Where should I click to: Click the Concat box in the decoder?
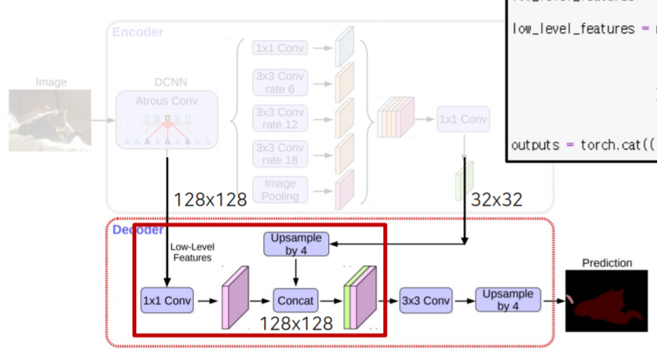pyautogui.click(x=296, y=299)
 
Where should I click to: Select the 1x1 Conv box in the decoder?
pyautogui.click(x=167, y=299)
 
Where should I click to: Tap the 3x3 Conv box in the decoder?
pyautogui.click(x=425, y=300)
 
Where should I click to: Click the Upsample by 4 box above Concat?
pyautogui.click(x=296, y=244)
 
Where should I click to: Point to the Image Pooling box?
pyautogui.click(x=280, y=190)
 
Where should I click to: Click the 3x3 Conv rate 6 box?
pyautogui.click(x=280, y=83)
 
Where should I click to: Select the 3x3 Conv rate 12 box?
pyautogui.click(x=280, y=118)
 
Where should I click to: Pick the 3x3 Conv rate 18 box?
pyautogui.click(x=280, y=154)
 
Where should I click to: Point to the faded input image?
pyautogui.click(x=50, y=120)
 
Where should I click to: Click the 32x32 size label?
pyautogui.click(x=496, y=200)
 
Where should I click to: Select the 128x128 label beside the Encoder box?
pyautogui.click(x=210, y=200)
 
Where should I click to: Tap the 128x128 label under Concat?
pyautogui.click(x=296, y=323)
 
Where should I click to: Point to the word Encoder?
pyautogui.click(x=138, y=32)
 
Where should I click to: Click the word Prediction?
pyautogui.click(x=607, y=262)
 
